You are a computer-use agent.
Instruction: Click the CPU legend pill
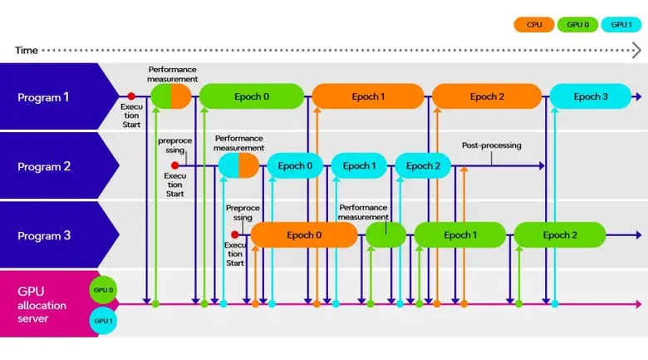534,25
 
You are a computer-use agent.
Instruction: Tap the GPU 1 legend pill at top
621,25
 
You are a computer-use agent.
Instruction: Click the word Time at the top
26,51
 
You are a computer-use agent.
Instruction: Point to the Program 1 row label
44,97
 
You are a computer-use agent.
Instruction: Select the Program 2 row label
44,166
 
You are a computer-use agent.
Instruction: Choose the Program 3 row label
44,235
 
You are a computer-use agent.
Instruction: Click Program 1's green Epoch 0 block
251,96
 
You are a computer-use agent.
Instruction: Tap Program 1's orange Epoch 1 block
368,96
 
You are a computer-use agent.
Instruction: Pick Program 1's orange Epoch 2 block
486,96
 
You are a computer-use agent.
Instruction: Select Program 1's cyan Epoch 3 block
591,96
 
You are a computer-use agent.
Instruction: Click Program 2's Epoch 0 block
295,165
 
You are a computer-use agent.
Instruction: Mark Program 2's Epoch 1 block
359,165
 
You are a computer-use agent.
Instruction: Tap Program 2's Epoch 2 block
423,165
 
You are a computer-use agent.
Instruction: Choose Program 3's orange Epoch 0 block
304,234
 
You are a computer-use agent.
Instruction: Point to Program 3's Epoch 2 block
559,234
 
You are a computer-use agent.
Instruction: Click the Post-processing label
491,145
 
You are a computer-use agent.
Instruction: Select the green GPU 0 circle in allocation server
103,290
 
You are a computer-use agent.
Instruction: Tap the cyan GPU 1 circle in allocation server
103,320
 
